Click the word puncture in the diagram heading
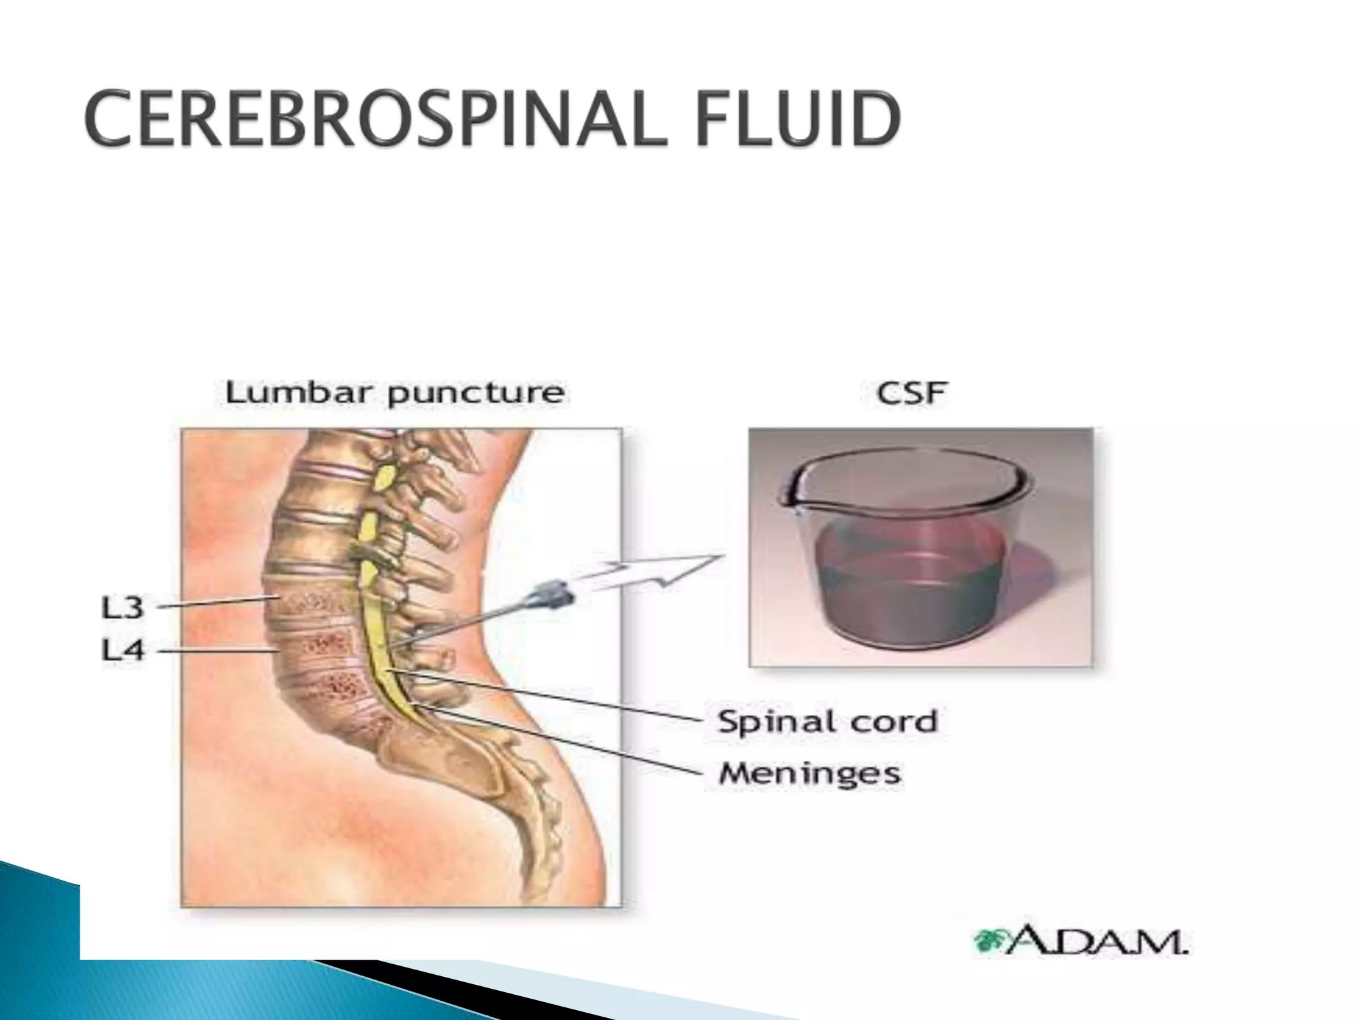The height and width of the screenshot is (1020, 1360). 476,394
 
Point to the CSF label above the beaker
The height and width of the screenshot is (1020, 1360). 910,392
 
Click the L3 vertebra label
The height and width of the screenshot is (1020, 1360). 122,607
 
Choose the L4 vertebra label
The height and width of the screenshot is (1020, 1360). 122,649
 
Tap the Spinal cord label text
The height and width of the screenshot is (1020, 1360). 827,722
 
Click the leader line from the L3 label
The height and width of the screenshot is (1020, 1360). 219,602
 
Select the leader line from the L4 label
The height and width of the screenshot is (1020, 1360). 219,651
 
